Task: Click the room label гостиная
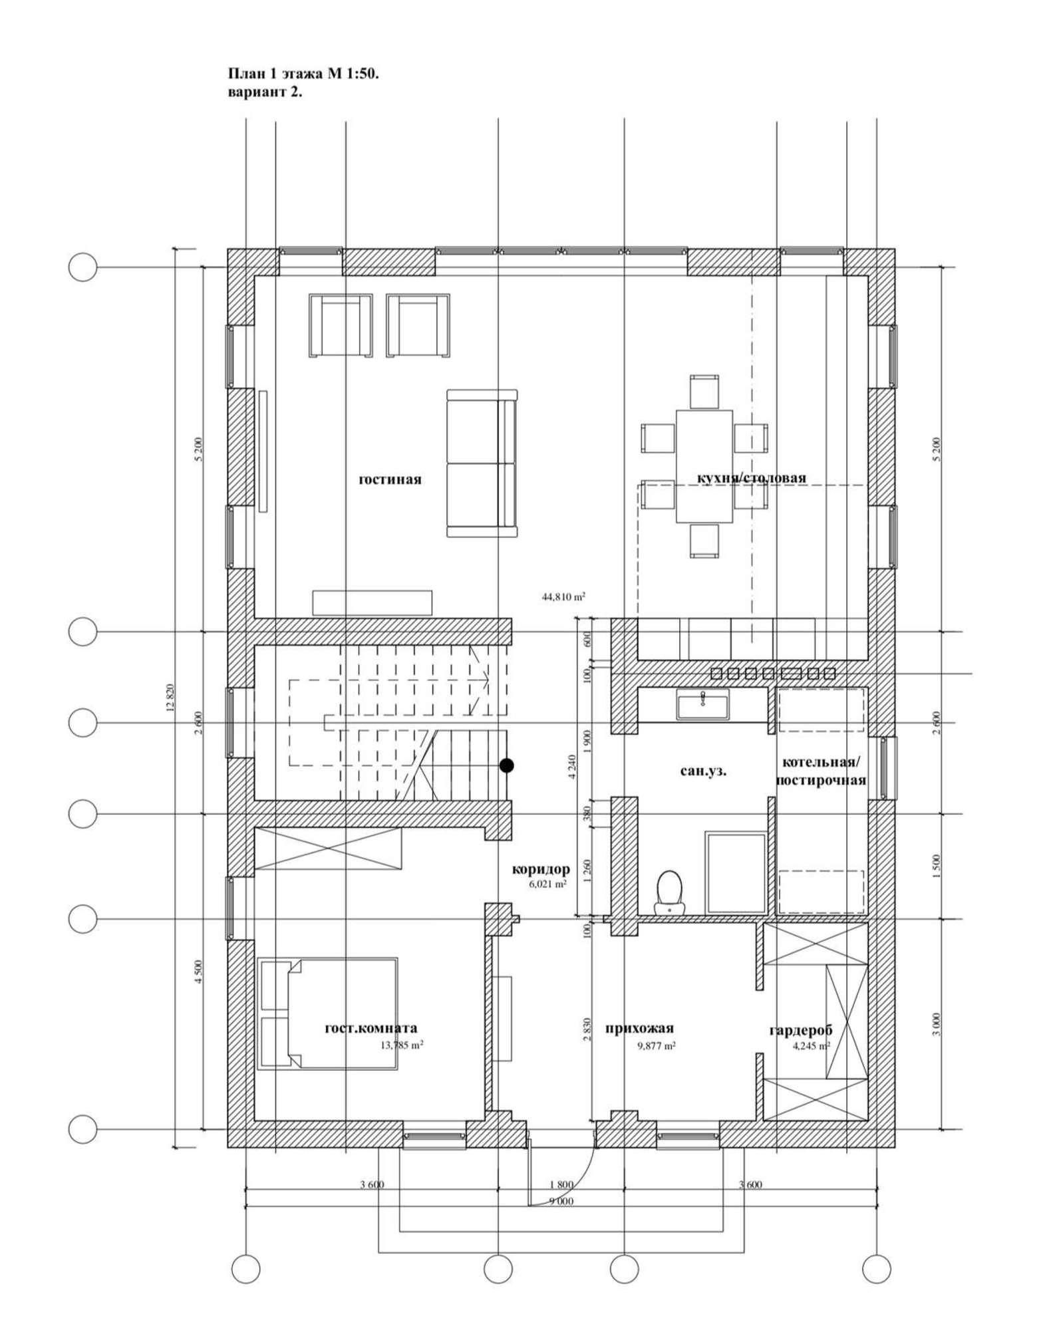(390, 479)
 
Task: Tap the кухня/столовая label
(752, 477)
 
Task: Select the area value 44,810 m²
(563, 597)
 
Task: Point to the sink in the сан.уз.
(702, 704)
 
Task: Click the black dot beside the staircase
(507, 765)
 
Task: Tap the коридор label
(541, 869)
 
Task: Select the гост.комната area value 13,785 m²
(402, 1045)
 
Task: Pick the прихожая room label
(639, 1029)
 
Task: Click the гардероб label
(801, 1031)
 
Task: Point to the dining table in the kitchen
(704, 465)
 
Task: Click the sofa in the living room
(482, 464)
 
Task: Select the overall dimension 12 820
(169, 698)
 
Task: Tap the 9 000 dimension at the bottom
(561, 1201)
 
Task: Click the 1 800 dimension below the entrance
(561, 1184)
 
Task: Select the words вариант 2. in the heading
(265, 92)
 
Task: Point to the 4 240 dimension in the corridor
(573, 775)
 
